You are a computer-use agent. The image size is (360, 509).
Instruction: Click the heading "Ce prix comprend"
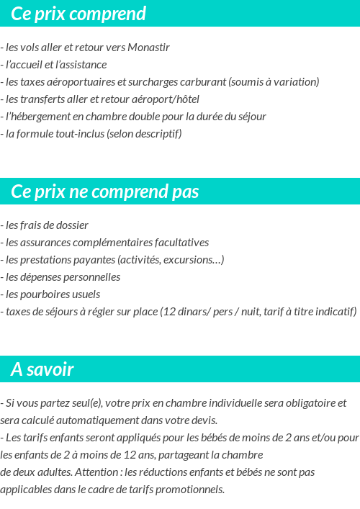tap(78, 14)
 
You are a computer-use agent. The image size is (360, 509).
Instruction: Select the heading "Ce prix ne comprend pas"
tap(105, 192)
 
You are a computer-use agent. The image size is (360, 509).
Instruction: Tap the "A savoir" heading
tap(42, 370)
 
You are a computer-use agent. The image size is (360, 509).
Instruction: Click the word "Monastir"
tap(148, 48)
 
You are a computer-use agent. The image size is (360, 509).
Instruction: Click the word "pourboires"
tap(45, 294)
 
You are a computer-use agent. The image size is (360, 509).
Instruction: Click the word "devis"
tap(204, 420)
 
